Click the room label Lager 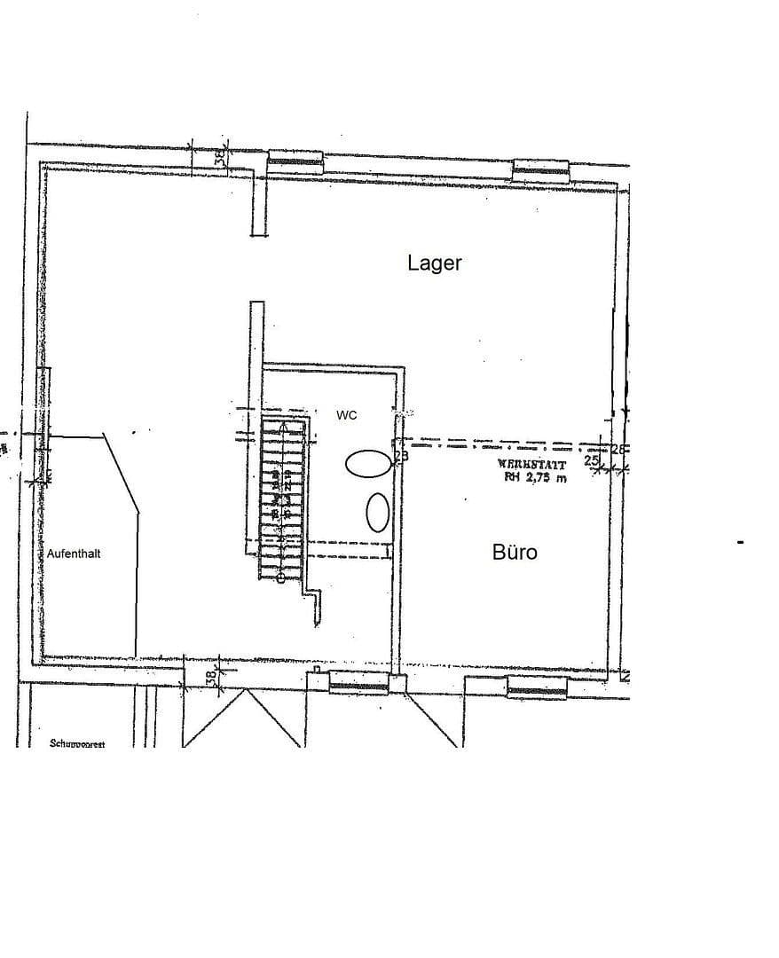(435, 263)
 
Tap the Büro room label (515, 553)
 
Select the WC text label (347, 415)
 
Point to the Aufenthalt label (74, 553)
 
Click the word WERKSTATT (532, 464)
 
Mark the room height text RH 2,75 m (535, 477)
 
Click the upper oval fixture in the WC (368, 462)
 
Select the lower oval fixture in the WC (378, 512)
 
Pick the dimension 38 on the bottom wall (211, 677)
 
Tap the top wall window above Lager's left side (296, 161)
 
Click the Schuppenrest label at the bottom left (77, 743)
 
